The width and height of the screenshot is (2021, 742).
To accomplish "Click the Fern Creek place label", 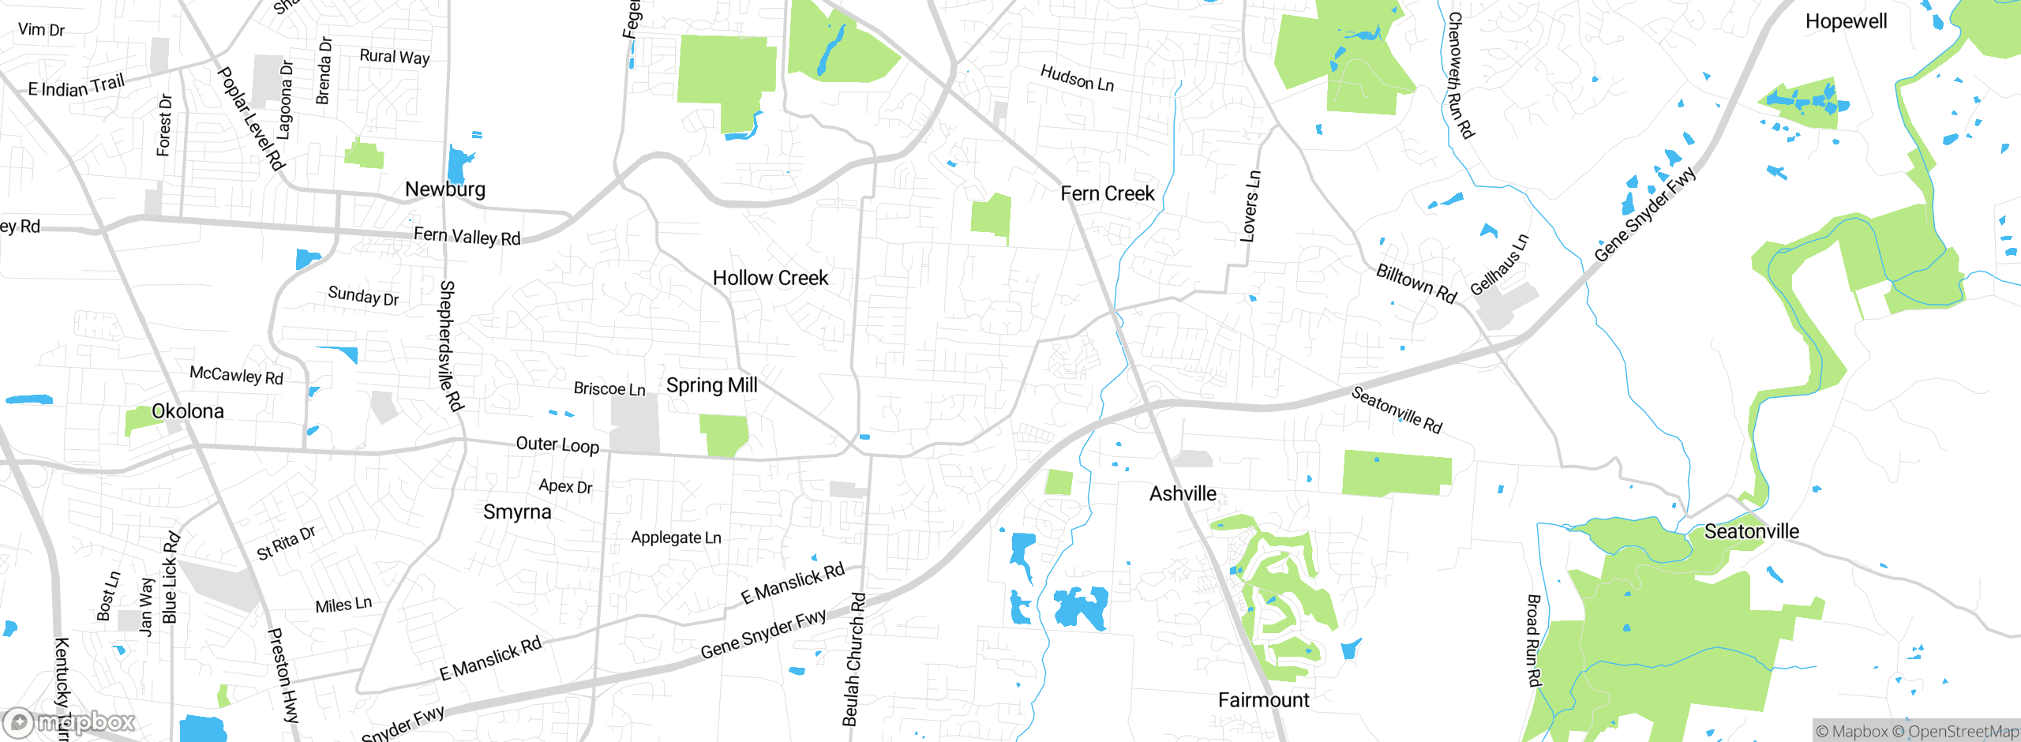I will (x=1107, y=193).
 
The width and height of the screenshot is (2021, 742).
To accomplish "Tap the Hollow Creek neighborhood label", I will (x=771, y=278).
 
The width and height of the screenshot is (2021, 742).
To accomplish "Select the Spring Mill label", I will (x=711, y=385).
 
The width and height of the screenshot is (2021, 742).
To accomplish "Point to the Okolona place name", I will (x=187, y=411).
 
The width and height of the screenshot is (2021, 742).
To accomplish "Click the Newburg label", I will (x=445, y=189).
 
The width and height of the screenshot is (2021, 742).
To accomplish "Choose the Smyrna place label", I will (x=517, y=512).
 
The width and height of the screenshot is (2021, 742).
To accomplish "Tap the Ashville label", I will (x=1183, y=494).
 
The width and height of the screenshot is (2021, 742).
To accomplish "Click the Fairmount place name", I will (x=1263, y=700).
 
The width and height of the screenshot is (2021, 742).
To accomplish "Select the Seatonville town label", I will (x=1752, y=531).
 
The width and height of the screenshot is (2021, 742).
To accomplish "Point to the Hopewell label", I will (x=1846, y=21).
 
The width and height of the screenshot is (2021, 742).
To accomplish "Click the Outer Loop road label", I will (x=557, y=444).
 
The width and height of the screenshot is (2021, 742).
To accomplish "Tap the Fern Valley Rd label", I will (x=467, y=236).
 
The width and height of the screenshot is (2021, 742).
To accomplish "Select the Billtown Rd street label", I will (x=1416, y=283).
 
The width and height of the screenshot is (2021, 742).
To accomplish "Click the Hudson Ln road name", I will (x=1077, y=78).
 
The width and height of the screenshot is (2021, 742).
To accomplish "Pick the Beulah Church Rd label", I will (x=853, y=658).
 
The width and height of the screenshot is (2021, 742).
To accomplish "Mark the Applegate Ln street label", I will (x=676, y=538).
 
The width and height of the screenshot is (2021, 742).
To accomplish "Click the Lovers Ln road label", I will (x=1250, y=206).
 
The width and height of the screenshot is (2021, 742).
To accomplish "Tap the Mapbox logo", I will (x=69, y=721).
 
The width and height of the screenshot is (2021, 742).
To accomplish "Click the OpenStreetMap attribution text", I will (x=1963, y=732).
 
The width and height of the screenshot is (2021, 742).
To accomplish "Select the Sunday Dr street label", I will (x=363, y=296).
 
